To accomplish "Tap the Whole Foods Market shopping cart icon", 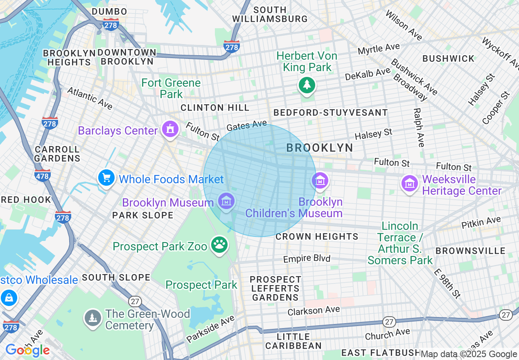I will (x=106, y=178).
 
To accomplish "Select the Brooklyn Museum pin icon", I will (x=226, y=201).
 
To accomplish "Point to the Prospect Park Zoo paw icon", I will (x=219, y=245).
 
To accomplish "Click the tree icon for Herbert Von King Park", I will (x=307, y=85).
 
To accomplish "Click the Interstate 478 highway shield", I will (x=43, y=176).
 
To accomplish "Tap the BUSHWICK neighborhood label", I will (x=448, y=59).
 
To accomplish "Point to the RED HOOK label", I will (x=26, y=200).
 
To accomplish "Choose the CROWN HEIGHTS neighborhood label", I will (x=317, y=236).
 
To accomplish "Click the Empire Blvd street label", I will (x=307, y=259).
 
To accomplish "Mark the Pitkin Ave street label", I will (x=481, y=223).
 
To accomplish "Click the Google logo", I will (x=27, y=350).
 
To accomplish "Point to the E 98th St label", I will (x=447, y=283).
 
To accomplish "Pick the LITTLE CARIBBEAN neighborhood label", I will (x=293, y=341).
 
